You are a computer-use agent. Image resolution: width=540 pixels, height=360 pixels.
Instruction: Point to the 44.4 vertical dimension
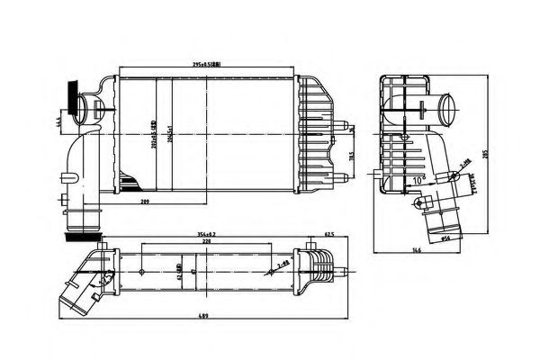pyautogui.click(x=57, y=122)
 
